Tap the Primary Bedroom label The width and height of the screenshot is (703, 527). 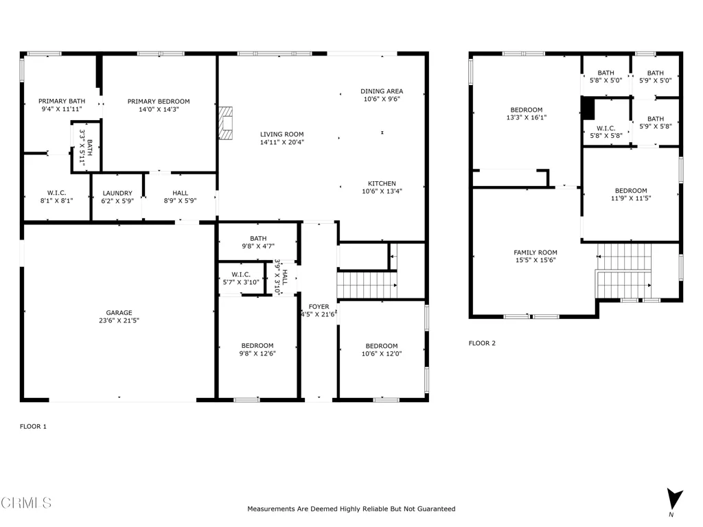(159, 102)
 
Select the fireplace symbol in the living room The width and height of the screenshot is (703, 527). (225, 123)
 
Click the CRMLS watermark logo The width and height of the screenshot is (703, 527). (26, 503)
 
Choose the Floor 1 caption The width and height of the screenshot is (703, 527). (33, 426)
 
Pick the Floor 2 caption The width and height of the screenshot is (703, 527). (482, 343)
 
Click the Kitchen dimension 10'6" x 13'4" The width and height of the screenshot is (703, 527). (382, 191)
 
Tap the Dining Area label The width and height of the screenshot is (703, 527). (382, 91)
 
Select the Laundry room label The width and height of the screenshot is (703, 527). (117, 193)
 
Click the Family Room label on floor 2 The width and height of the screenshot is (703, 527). (535, 253)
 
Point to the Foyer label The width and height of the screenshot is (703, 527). (319, 307)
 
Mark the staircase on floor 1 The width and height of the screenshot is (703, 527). (367, 285)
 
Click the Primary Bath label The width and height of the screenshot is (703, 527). (62, 101)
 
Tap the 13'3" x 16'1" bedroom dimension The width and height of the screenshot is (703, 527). (527, 117)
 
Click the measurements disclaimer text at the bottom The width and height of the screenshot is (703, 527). (351, 508)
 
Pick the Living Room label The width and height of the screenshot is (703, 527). (282, 134)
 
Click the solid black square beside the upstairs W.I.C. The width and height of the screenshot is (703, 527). (588, 108)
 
